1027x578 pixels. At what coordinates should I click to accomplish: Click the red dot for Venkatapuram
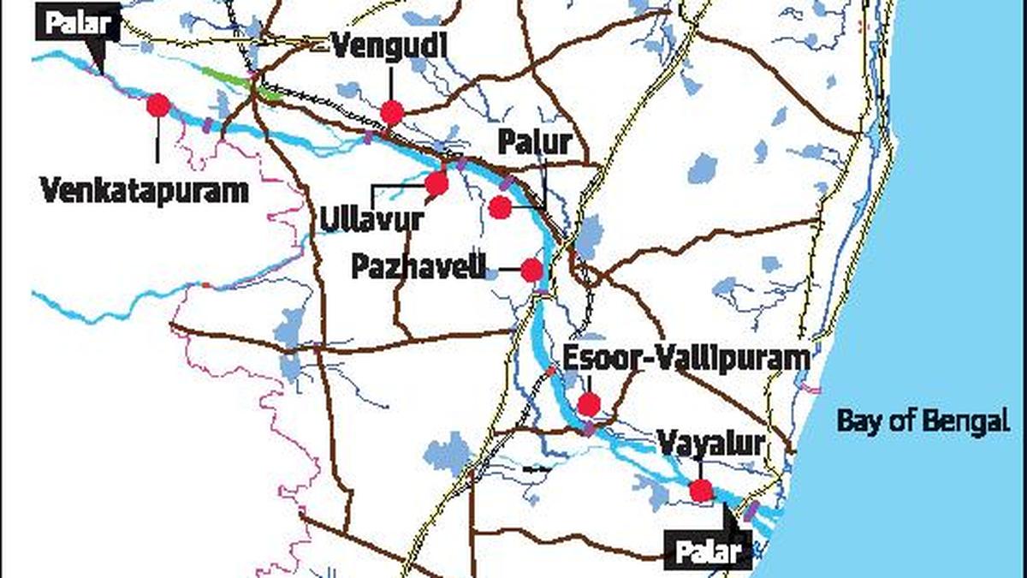click(158, 105)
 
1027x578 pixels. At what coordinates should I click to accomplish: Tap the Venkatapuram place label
click(145, 189)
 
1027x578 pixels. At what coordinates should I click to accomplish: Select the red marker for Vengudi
click(392, 112)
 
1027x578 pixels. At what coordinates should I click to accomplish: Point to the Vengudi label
click(389, 46)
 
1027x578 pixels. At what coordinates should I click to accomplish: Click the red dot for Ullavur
click(436, 183)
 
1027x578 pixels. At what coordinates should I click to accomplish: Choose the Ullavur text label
click(371, 219)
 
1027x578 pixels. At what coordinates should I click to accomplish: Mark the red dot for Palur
click(501, 207)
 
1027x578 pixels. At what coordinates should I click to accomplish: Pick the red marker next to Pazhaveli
click(531, 271)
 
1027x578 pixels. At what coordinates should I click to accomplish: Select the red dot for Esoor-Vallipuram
click(589, 404)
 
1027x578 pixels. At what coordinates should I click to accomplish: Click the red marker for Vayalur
click(701, 491)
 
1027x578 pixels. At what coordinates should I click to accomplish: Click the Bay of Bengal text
click(918, 421)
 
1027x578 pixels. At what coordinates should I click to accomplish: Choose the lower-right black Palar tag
click(708, 551)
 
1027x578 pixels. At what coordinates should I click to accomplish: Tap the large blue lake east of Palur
click(703, 169)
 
